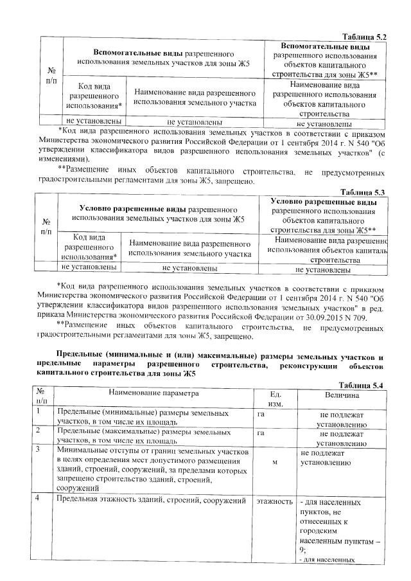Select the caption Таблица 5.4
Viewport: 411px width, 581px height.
tap(363, 384)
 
